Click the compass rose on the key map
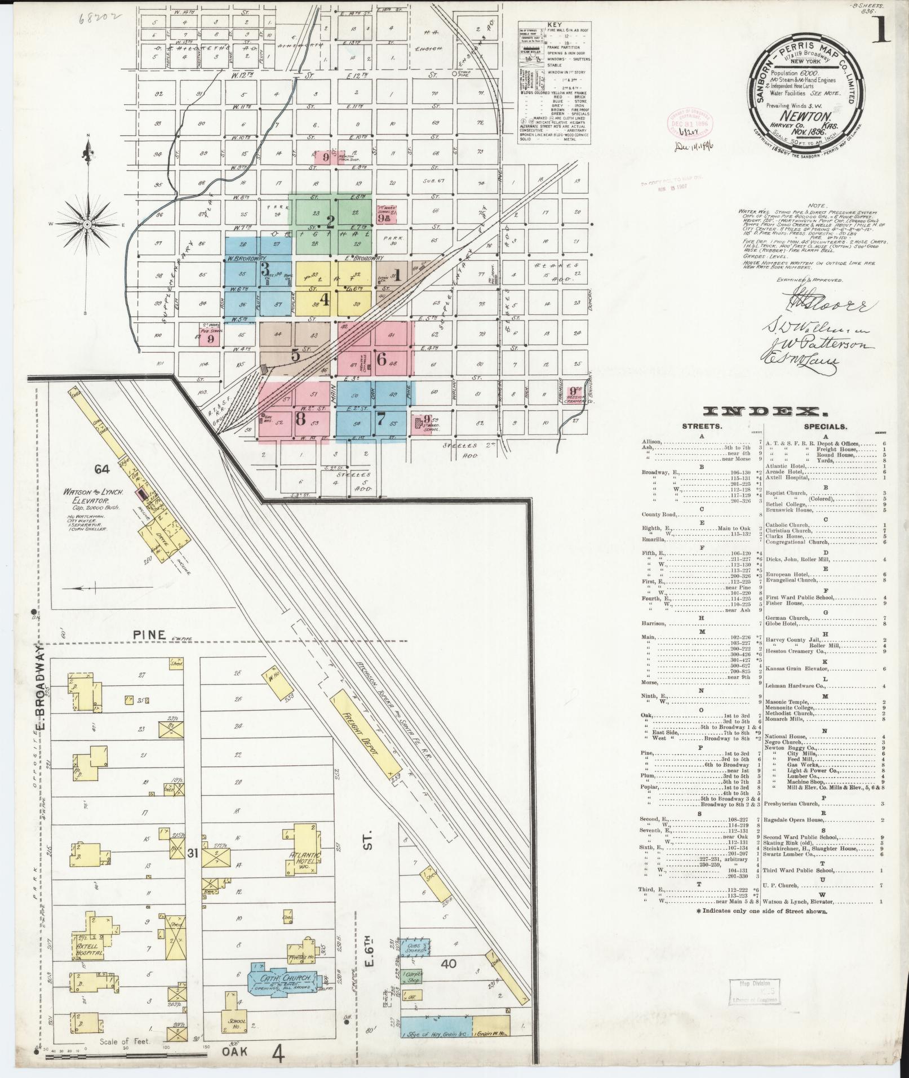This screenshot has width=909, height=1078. coord(88,224)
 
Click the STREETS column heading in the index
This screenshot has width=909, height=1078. coord(702,427)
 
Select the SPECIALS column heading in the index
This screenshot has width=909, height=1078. coord(826,427)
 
